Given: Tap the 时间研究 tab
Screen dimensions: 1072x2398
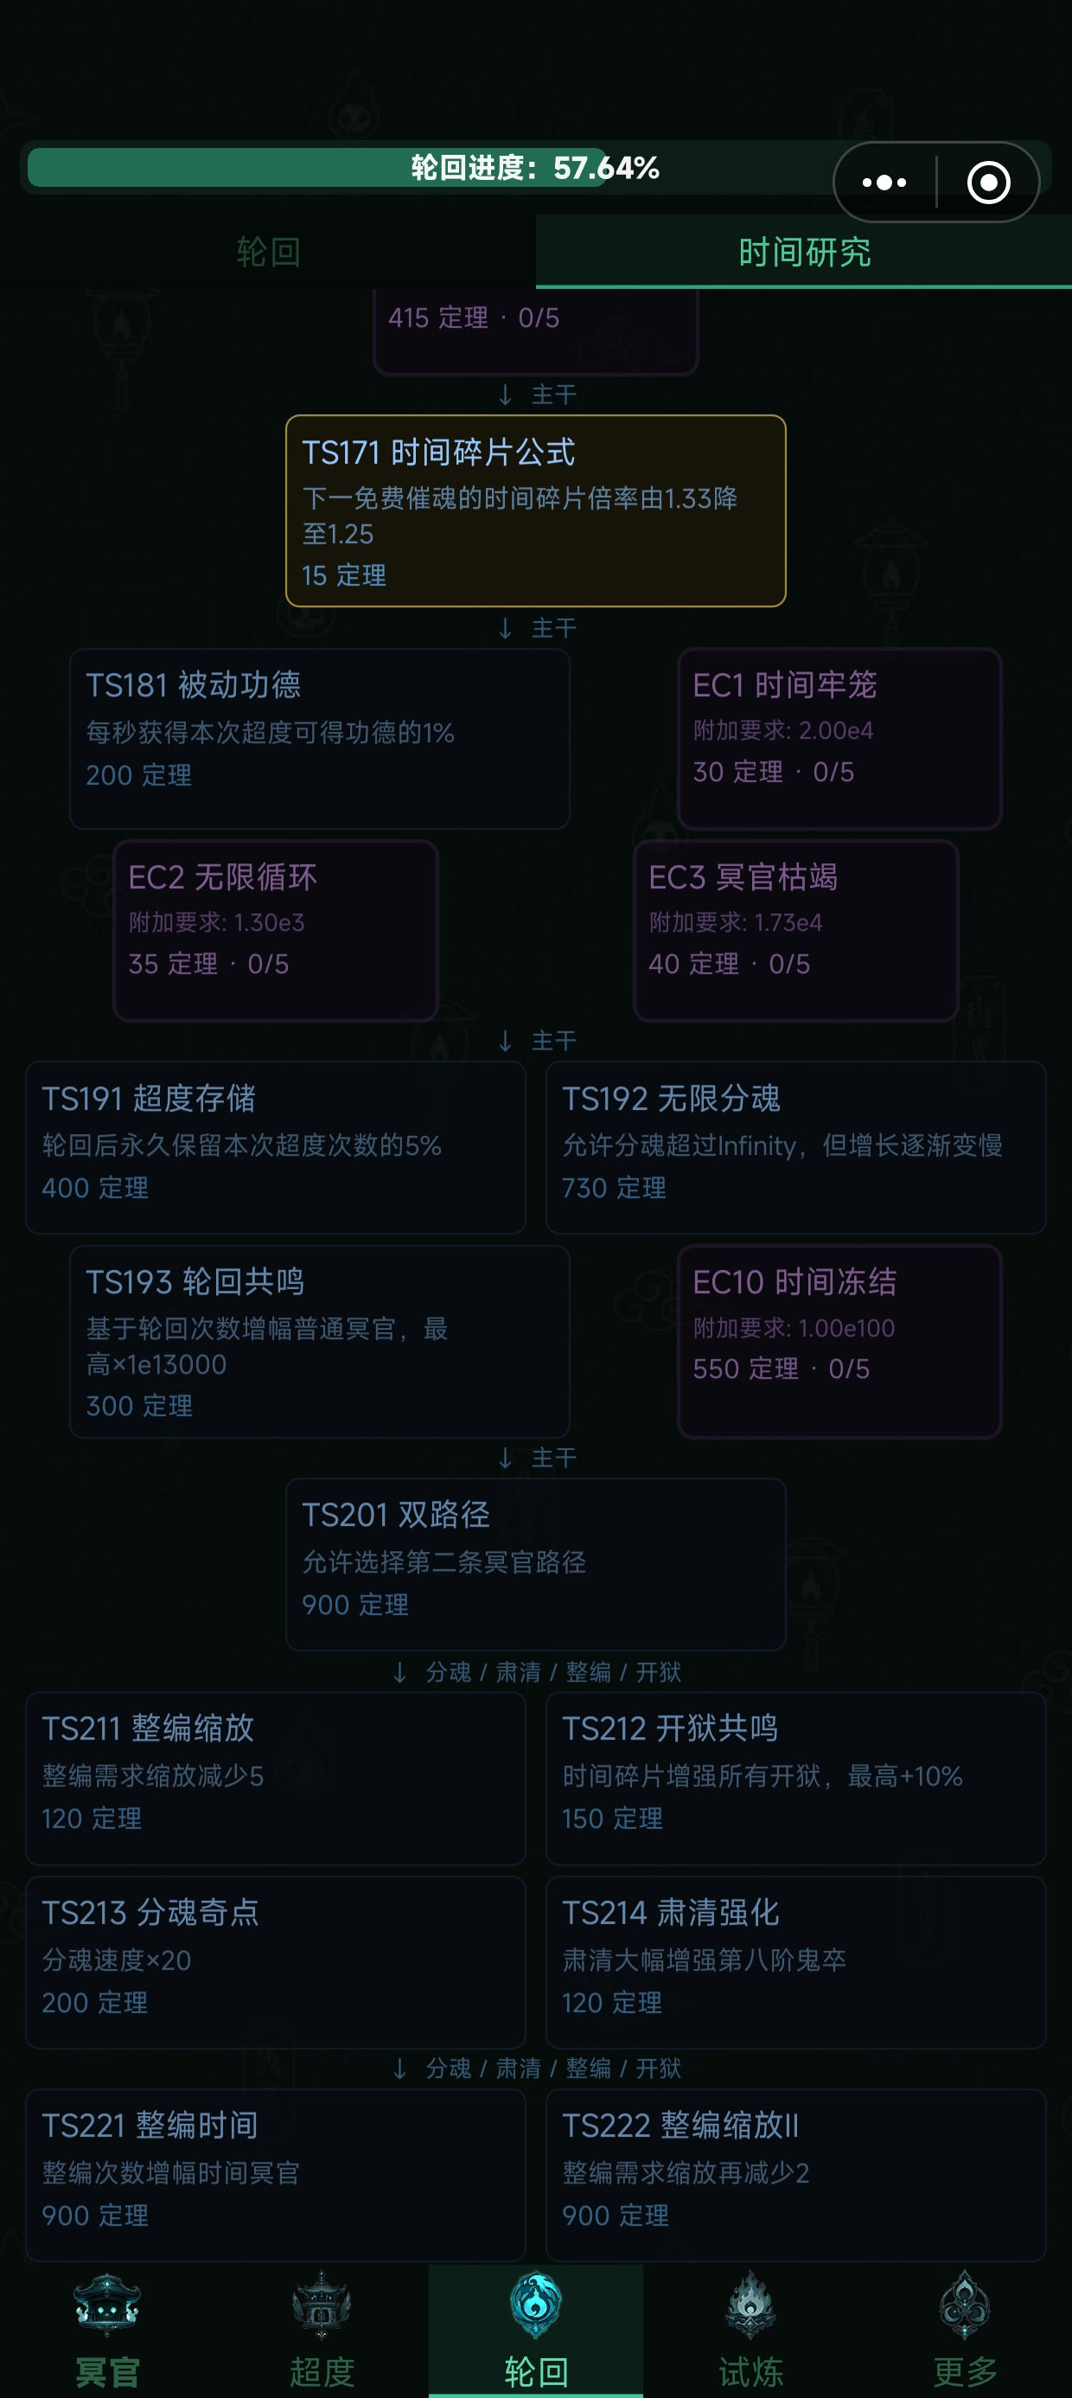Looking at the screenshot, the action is pyautogui.click(x=804, y=253).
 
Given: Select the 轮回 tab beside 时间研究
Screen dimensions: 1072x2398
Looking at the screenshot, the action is pyautogui.click(x=268, y=253).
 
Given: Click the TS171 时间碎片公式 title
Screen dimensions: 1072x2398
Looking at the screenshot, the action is pyautogui.click(x=438, y=452).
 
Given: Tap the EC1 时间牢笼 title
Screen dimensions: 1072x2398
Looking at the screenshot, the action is pyautogui.click(x=784, y=685).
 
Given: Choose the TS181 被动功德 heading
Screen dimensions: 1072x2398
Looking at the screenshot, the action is pyautogui.click(x=194, y=685).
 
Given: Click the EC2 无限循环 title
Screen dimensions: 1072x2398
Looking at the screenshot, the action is pyautogui.click(x=222, y=877).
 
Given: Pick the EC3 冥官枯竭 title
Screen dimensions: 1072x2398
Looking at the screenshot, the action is pyautogui.click(x=743, y=877).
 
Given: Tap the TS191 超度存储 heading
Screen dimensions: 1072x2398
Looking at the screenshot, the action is pyautogui.click(x=149, y=1099).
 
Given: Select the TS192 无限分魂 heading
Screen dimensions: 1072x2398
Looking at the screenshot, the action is pyautogui.click(x=671, y=1099).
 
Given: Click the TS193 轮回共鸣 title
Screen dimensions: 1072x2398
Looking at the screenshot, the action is pyautogui.click(x=195, y=1282).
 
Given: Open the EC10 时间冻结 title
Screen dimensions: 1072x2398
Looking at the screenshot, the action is pyautogui.click(x=794, y=1282).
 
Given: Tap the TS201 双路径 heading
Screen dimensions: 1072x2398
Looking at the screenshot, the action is pyautogui.click(x=395, y=1515).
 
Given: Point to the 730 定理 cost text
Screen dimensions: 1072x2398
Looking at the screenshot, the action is pyautogui.click(x=614, y=1188).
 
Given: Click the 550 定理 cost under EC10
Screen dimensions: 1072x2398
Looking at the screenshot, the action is pyautogui.click(x=745, y=1369).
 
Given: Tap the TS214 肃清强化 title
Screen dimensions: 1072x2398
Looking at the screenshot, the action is pyautogui.click(x=671, y=1912).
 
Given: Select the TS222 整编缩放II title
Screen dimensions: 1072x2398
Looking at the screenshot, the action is pyautogui.click(x=680, y=2125).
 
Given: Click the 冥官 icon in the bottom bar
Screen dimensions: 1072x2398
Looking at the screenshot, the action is pyautogui.click(x=107, y=2305).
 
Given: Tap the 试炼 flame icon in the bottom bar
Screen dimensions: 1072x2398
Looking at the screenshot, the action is pyautogui.click(x=750, y=2305).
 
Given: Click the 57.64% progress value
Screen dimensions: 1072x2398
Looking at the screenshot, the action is pyautogui.click(x=607, y=168).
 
